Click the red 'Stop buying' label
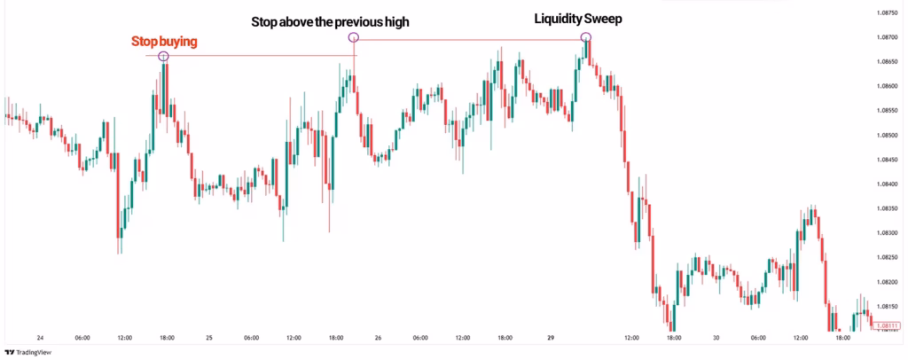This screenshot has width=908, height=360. click(x=165, y=42)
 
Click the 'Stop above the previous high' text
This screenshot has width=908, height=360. click(x=330, y=21)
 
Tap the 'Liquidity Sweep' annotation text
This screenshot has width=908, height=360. click(x=577, y=18)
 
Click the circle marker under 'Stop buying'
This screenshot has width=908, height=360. click(x=163, y=57)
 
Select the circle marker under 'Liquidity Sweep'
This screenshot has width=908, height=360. click(x=586, y=37)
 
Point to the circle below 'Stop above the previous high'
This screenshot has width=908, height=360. click(x=354, y=38)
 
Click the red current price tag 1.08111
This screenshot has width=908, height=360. click(x=887, y=326)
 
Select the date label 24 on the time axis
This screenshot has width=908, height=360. click(x=40, y=338)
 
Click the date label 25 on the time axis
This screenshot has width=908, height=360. click(x=209, y=338)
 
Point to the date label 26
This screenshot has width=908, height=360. click(x=379, y=338)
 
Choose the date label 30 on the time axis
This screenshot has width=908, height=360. click(x=716, y=338)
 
